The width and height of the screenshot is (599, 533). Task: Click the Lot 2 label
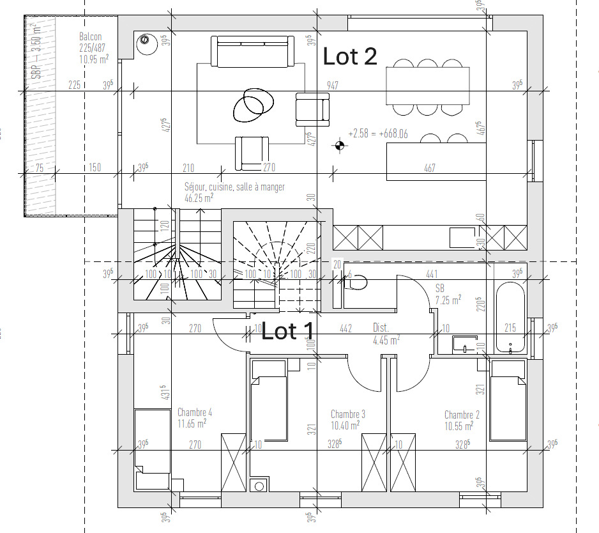point(350,56)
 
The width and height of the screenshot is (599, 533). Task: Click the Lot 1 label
point(288,331)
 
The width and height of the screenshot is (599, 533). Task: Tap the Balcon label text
point(91,37)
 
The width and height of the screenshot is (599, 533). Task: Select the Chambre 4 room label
point(194,412)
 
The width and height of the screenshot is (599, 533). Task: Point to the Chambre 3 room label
point(347,414)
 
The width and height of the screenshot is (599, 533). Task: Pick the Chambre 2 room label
point(462,415)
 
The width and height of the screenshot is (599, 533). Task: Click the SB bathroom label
point(440,288)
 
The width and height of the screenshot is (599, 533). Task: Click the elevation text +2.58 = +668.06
point(378,134)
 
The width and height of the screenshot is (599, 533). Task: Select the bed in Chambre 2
point(508,401)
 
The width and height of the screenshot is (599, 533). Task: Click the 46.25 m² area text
point(199,197)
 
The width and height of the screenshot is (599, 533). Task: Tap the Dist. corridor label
point(380,327)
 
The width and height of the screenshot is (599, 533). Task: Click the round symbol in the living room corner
point(144,40)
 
